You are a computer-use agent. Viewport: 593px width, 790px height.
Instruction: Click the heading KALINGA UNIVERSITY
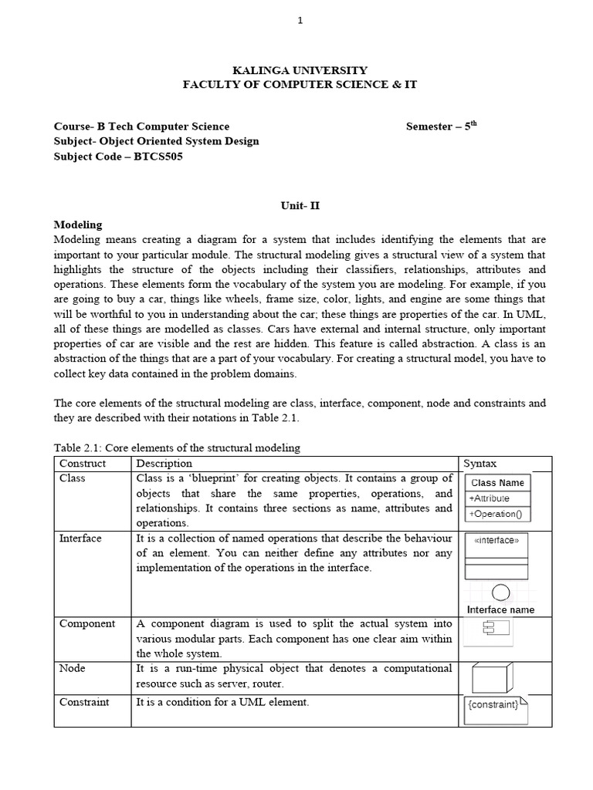click(x=299, y=70)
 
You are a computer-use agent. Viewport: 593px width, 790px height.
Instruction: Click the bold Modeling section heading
click(x=77, y=225)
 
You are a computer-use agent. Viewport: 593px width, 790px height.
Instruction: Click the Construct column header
click(x=83, y=464)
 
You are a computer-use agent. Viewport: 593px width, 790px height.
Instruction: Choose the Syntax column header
click(x=480, y=464)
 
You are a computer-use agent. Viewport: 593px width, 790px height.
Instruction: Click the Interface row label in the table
click(x=80, y=538)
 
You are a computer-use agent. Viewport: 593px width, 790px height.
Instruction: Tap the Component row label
click(x=87, y=623)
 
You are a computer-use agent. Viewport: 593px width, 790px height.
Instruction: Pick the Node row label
click(x=72, y=669)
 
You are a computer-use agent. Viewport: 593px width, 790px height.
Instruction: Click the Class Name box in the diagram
click(x=498, y=483)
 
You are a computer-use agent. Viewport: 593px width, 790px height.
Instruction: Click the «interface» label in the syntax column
click(x=496, y=541)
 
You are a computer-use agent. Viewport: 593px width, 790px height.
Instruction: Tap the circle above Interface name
click(x=500, y=592)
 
